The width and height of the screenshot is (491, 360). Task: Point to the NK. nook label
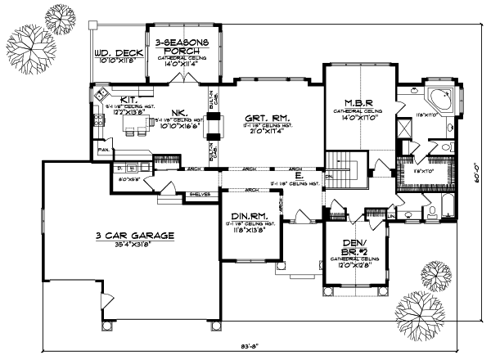click(x=177, y=112)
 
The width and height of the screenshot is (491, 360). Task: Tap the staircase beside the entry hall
click(x=344, y=170)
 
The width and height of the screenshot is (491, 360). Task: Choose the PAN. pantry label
click(x=105, y=151)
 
